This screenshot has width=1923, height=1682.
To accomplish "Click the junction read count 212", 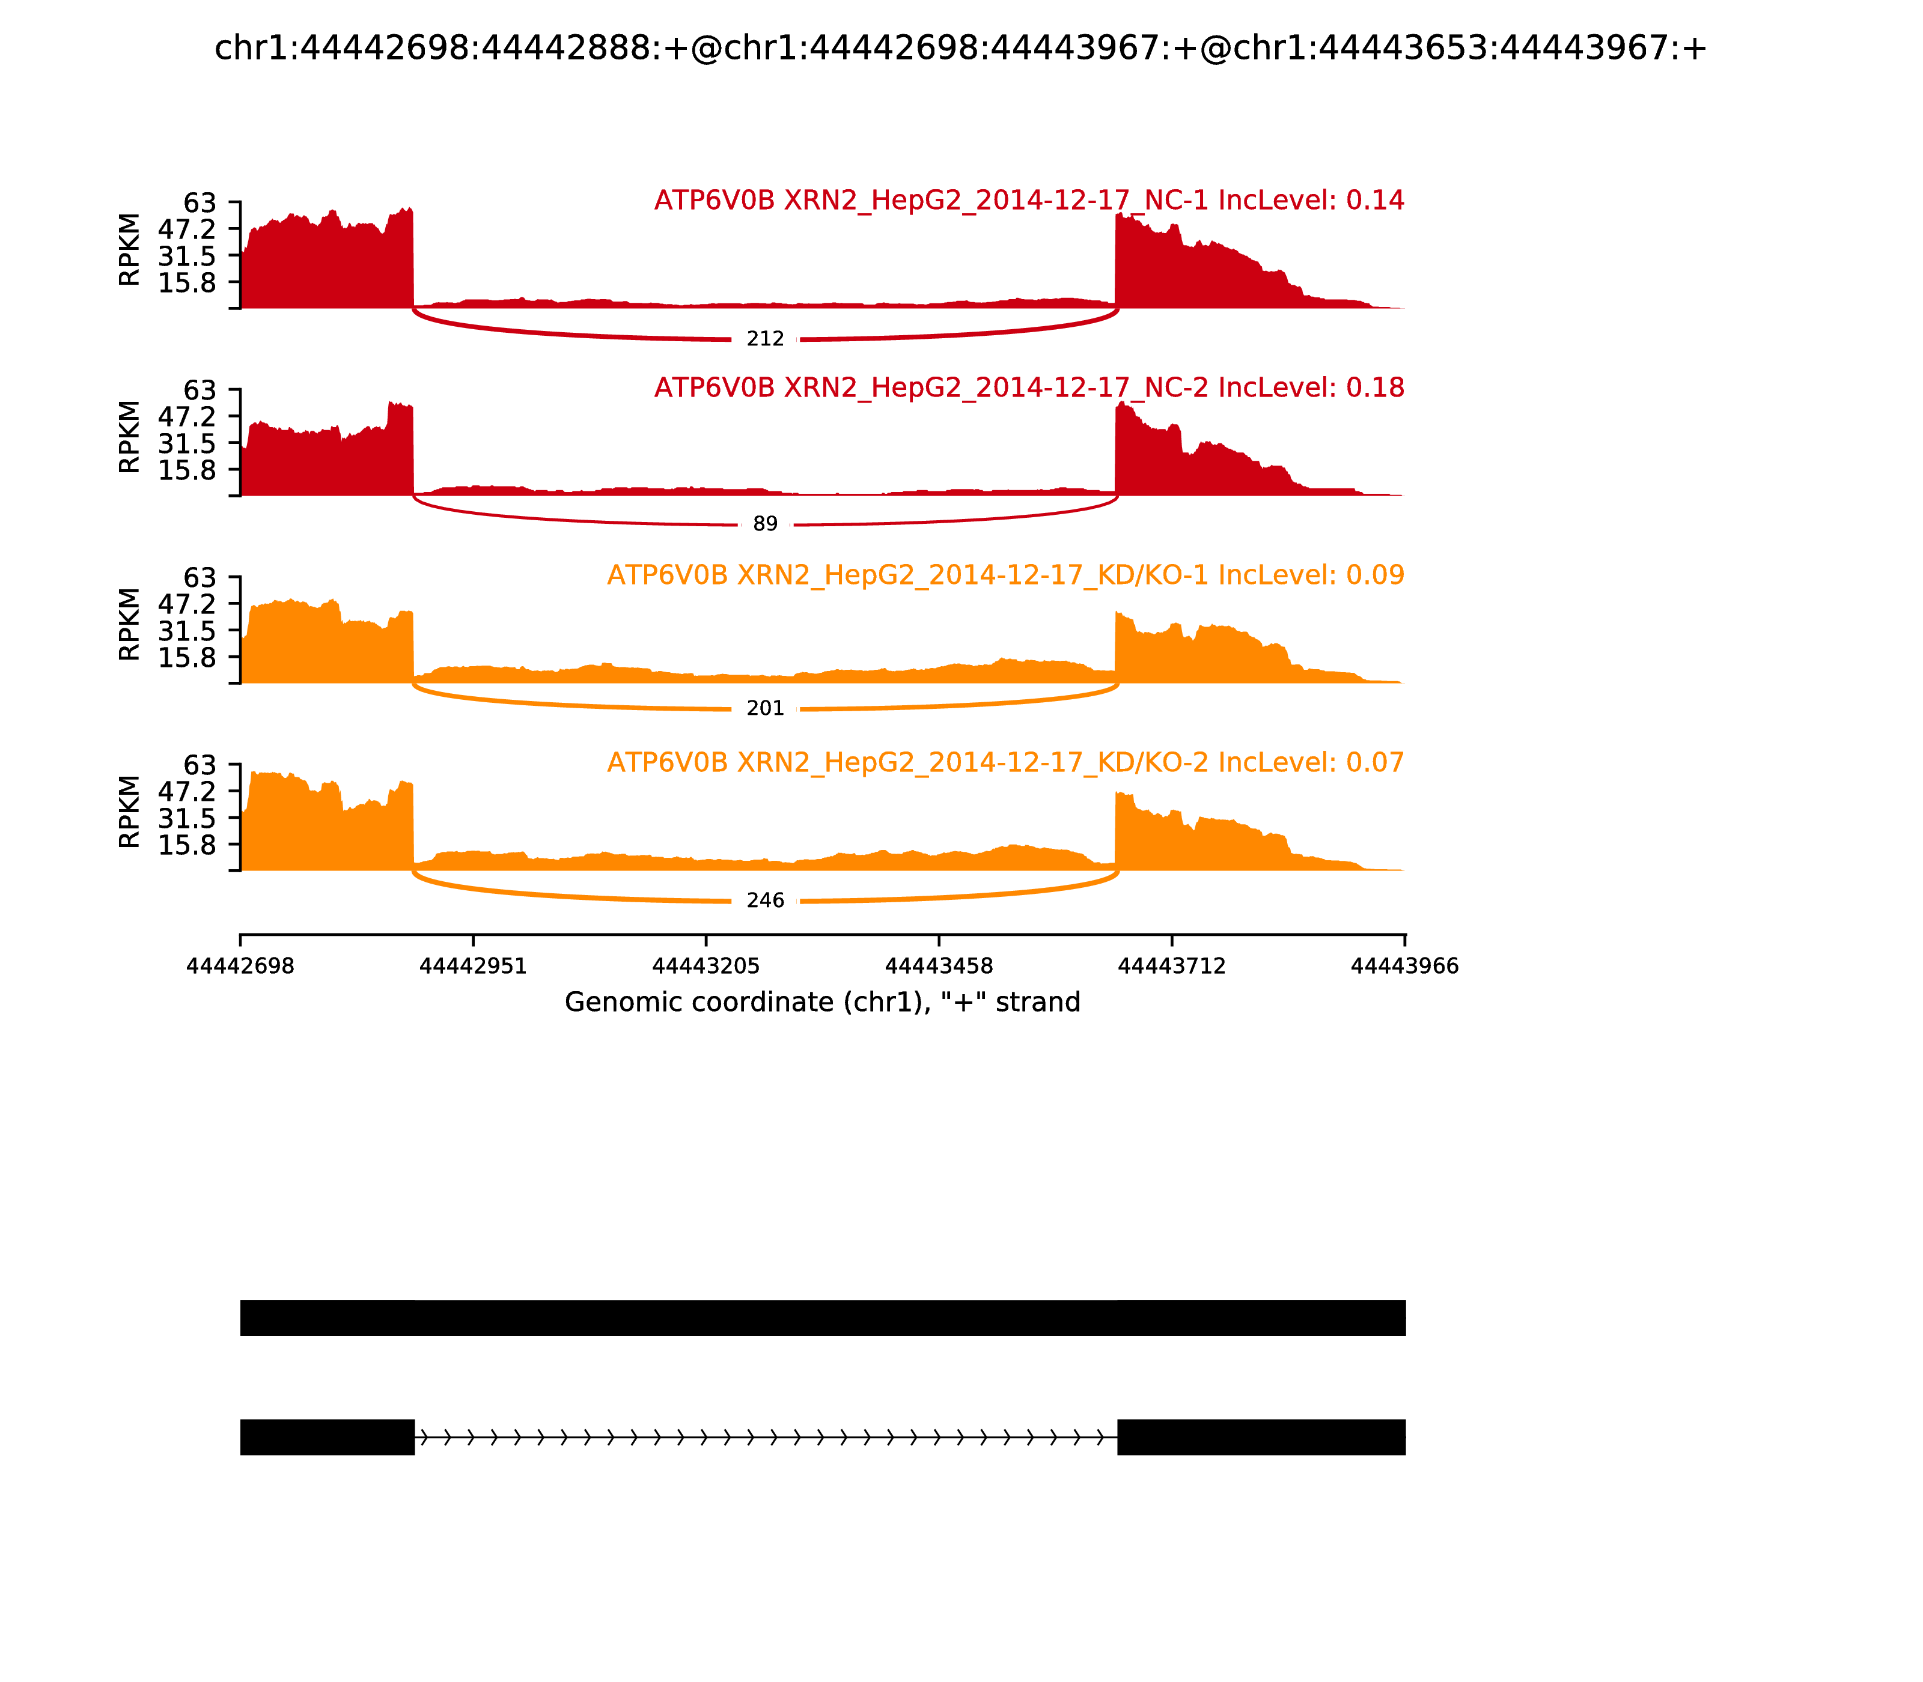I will tap(765, 339).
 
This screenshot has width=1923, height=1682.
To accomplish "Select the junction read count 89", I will tap(765, 524).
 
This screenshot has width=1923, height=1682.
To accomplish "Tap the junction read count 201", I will tap(765, 709).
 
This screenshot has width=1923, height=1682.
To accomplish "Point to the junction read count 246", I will tap(765, 901).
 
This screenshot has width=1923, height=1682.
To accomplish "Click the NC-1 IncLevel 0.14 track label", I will tap(1029, 201).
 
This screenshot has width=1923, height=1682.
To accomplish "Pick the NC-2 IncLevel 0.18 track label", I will tap(1029, 387).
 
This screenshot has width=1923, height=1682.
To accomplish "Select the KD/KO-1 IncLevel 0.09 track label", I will tap(1005, 575).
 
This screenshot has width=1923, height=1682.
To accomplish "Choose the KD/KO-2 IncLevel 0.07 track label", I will tap(1005, 762).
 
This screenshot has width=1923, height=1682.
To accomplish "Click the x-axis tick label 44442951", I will tap(474, 967).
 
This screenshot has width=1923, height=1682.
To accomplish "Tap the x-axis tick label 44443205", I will tap(706, 967).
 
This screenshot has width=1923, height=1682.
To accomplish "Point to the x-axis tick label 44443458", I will tap(939, 967).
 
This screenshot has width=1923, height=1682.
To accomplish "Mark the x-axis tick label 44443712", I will tap(1172, 967).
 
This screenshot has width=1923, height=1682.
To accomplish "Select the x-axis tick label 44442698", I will tap(240, 967).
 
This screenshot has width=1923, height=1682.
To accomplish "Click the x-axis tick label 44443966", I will tap(1405, 967).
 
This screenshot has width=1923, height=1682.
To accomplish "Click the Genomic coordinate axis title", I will tap(823, 1003).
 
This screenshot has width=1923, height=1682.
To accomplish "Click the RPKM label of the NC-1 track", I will tap(130, 250).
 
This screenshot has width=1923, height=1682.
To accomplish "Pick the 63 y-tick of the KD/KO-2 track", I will tap(199, 765).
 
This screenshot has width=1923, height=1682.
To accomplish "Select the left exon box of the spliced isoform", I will tap(327, 1437).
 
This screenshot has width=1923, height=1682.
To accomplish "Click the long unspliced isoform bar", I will tap(823, 1318).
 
